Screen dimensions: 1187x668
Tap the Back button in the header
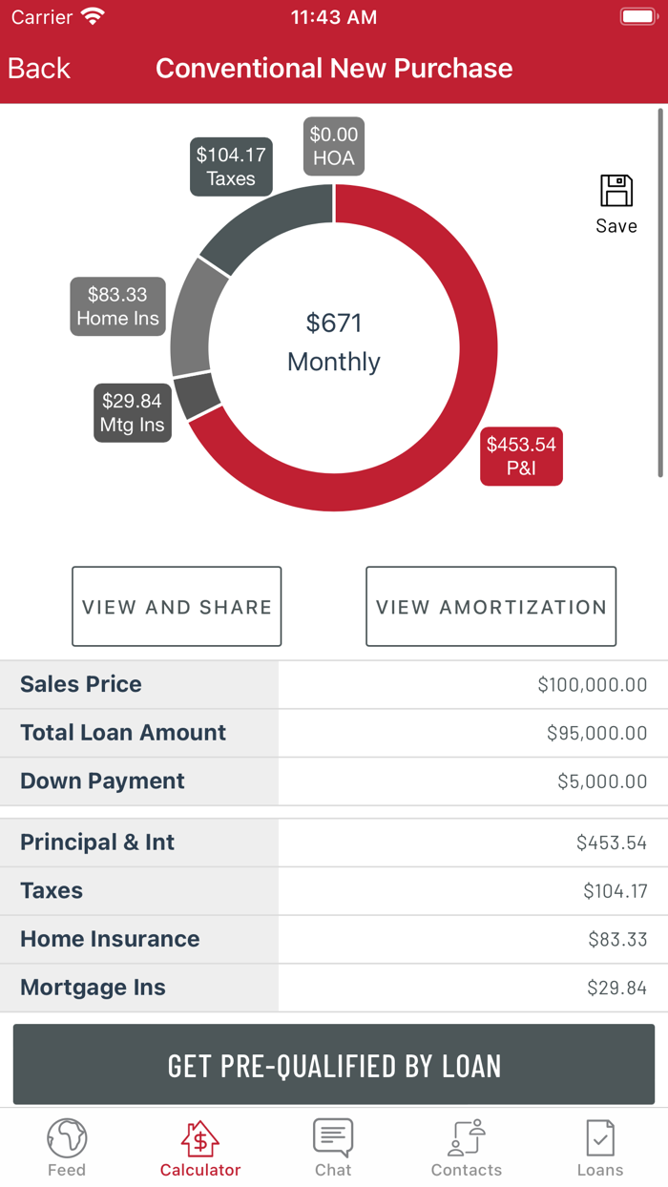coord(39,69)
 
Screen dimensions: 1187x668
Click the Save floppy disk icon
coord(616,192)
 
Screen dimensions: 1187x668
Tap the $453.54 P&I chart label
coord(521,456)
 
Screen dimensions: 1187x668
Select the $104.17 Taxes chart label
coord(231,166)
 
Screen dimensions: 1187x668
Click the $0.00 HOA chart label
coord(334,146)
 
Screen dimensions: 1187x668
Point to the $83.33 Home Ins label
coord(117,306)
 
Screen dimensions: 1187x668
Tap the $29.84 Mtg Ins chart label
coord(133,412)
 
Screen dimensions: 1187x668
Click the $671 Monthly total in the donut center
coord(334,342)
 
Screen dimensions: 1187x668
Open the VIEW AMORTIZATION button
coord(491,607)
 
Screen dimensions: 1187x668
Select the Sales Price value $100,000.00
coord(592,684)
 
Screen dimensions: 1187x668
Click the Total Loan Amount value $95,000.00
coord(596,733)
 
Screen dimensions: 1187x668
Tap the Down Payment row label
coord(102,781)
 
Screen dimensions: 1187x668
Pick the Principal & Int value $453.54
coord(611,843)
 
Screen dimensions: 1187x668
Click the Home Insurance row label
coord(110,939)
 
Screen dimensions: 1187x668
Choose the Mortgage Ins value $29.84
coord(616,988)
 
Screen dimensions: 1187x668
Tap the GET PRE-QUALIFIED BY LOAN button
coord(334,1065)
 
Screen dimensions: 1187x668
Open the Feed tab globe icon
coord(67,1138)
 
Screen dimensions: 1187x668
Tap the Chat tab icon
coord(333,1138)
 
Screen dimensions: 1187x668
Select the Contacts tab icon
coord(467,1138)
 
